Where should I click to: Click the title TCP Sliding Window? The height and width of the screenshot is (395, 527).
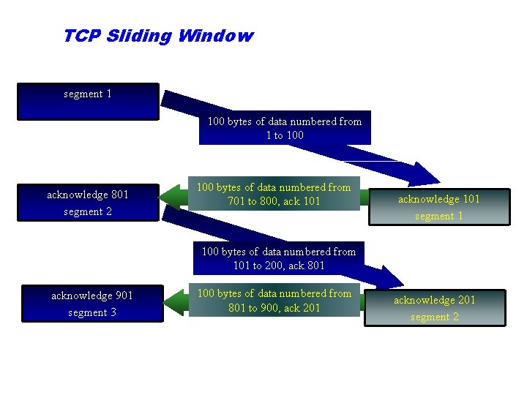click(x=158, y=36)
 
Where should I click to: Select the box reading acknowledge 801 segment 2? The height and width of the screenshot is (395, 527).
click(x=88, y=203)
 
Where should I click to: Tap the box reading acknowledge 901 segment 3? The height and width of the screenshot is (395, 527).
click(x=92, y=304)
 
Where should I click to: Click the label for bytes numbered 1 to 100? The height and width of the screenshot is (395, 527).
click(x=285, y=129)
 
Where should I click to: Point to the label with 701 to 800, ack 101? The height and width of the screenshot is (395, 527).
click(x=274, y=194)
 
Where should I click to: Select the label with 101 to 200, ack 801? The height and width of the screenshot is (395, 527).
click(x=278, y=258)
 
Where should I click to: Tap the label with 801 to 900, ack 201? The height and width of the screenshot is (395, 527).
click(x=274, y=301)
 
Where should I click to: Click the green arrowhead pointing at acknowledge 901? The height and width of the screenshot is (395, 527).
click(x=174, y=301)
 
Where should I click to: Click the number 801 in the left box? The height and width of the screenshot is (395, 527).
click(x=119, y=195)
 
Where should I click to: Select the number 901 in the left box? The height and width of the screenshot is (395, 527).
click(x=124, y=296)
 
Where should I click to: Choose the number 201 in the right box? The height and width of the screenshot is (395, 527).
click(x=466, y=300)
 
